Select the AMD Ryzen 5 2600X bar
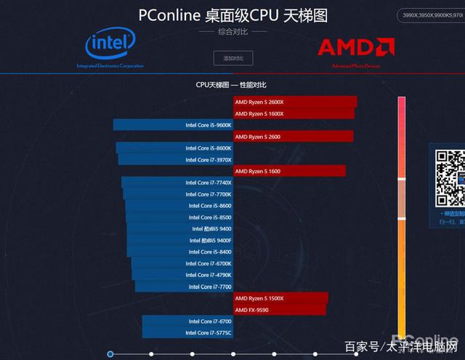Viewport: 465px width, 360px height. [295, 102]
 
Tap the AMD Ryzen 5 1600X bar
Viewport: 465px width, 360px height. [294, 113]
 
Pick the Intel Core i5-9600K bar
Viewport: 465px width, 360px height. [173, 125]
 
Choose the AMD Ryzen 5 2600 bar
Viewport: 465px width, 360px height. [293, 137]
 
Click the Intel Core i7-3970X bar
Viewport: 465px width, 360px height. [175, 159]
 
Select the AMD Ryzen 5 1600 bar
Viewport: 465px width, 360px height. [289, 171]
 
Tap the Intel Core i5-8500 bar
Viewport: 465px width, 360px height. [179, 217]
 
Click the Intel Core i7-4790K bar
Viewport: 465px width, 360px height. [182, 275]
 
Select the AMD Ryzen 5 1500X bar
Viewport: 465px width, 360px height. [280, 298]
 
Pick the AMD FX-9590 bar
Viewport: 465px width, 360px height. [280, 310]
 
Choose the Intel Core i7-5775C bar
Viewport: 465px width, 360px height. [187, 332]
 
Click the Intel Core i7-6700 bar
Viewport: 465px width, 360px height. [187, 321]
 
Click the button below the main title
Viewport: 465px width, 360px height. [232, 57]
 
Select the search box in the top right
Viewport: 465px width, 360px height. [431, 15]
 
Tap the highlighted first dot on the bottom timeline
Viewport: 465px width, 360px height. [110, 354]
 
